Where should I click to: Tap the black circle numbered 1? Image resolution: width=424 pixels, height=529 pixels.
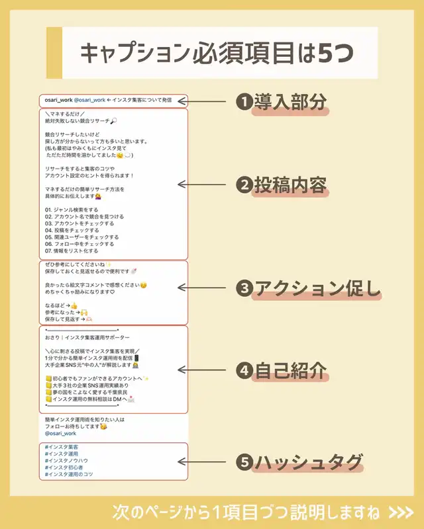click(244, 102)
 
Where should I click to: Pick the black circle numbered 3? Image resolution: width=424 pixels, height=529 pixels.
click(244, 289)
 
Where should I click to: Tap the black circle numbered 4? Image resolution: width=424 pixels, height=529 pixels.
click(244, 371)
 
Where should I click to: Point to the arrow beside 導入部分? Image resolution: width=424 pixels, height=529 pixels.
click(211, 102)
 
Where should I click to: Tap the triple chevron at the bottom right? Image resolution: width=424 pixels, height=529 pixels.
click(401, 512)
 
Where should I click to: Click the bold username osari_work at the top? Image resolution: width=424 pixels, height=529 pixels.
click(58, 100)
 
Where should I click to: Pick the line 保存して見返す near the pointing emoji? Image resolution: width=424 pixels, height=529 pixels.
click(64, 318)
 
